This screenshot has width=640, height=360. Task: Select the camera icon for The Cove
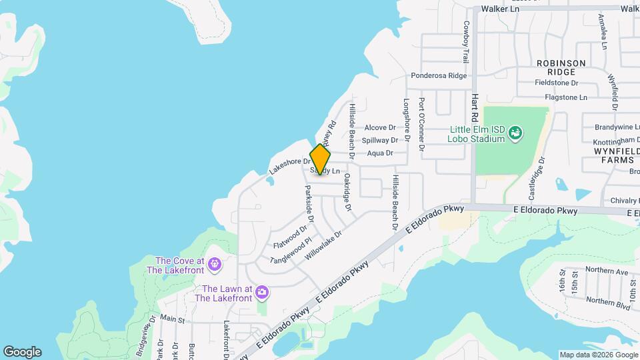pyautogui.click(x=214, y=265)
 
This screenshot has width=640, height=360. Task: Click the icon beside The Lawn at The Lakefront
pyautogui.click(x=263, y=293)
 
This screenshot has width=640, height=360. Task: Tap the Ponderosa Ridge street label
pyautogui.click(x=439, y=76)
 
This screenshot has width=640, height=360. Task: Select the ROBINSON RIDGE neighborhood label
pyautogui.click(x=561, y=67)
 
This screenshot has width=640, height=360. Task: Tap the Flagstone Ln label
pyautogui.click(x=565, y=97)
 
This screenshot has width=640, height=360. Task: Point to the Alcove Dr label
pyautogui.click(x=380, y=127)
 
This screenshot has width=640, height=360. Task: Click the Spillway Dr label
pyautogui.click(x=380, y=140)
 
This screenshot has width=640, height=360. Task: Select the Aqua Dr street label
pyautogui.click(x=380, y=153)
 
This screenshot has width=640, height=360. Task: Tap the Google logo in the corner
pyautogui.click(x=22, y=352)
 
